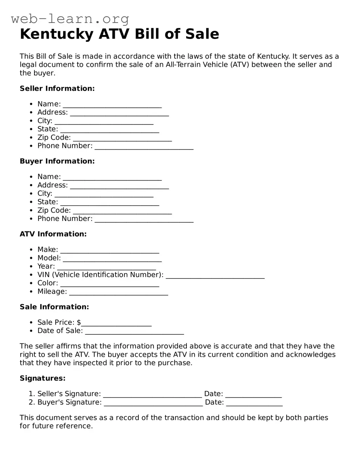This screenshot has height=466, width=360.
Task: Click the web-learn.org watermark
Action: coord(70,19)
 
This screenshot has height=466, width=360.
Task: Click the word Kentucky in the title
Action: coord(57,34)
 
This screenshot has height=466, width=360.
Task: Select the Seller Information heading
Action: coord(57,88)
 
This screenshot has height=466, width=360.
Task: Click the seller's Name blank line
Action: coord(112,105)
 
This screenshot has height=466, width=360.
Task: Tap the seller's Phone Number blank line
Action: coord(144,147)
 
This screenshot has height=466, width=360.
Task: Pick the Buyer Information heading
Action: coord(57,161)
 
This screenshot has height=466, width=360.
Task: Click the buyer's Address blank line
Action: coord(119,186)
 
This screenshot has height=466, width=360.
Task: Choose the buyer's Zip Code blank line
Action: coord(122,211)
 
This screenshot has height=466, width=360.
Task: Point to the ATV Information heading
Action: coord(53,234)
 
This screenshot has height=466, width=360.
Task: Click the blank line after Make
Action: coord(110,250)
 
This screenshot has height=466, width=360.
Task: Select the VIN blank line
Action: coord(215,276)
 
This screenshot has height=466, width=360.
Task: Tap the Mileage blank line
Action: coord(119,293)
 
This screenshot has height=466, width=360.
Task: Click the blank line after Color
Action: coord(110,284)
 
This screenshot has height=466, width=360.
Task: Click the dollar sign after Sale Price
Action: coord(79,322)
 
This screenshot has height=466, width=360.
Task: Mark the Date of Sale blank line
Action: coord(135,332)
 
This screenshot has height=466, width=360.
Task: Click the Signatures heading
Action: coord(42,378)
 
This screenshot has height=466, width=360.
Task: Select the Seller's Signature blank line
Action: coord(153,395)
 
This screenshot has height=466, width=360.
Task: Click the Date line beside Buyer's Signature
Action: coord(254,403)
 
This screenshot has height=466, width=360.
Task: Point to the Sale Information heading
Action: coord(54,307)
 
